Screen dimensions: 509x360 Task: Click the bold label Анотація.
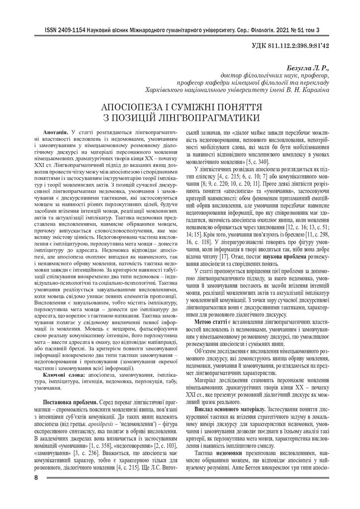click(x=56, y=135)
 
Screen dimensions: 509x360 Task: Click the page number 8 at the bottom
click(x=36, y=478)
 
